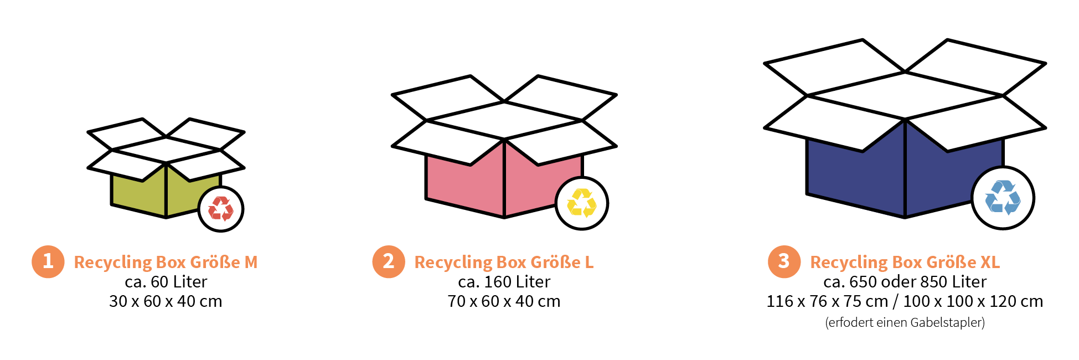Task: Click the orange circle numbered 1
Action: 48,261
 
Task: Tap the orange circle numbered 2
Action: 389,261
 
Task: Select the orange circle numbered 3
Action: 784,261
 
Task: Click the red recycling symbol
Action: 221,209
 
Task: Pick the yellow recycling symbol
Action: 581,203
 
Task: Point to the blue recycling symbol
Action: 1003,197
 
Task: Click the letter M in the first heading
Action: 251,262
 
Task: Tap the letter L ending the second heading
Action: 589,262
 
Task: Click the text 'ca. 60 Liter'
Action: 166,282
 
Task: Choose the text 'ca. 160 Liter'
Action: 504,282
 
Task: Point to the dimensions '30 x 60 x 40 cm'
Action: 166,301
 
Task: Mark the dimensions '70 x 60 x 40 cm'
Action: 504,301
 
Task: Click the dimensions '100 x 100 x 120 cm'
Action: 973,301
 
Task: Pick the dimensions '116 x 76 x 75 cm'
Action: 827,301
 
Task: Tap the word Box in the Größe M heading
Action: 171,262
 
